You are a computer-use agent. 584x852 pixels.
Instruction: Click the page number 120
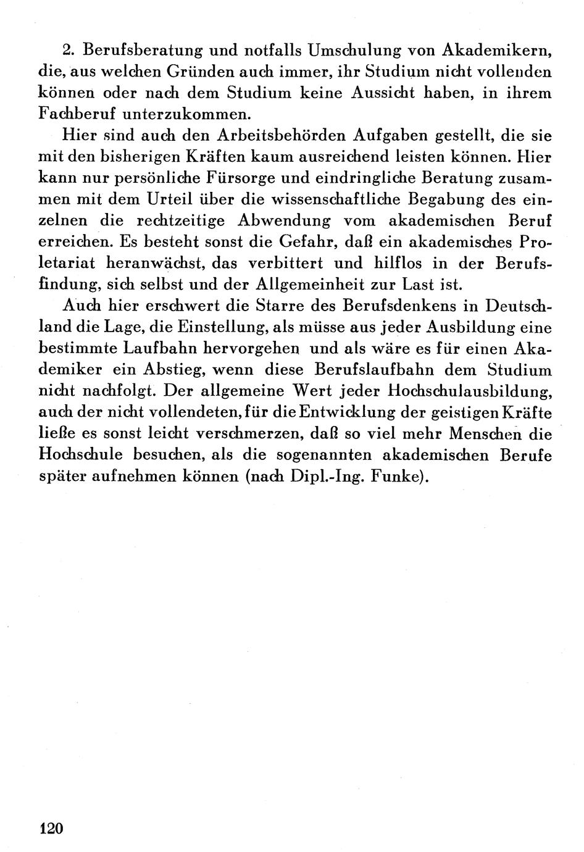pyautogui.click(x=51, y=828)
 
